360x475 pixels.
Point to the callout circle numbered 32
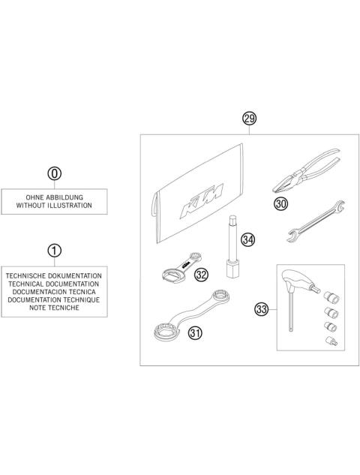tap(200, 275)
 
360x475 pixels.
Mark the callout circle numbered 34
tap(247, 239)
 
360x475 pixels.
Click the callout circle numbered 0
tap(55, 174)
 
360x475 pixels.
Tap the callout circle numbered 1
tap(55, 250)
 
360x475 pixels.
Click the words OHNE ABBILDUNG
tap(55, 196)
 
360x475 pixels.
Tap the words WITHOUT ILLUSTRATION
tap(55, 204)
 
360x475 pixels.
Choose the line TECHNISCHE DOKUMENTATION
tap(55, 277)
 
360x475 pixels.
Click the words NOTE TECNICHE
tap(55, 308)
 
